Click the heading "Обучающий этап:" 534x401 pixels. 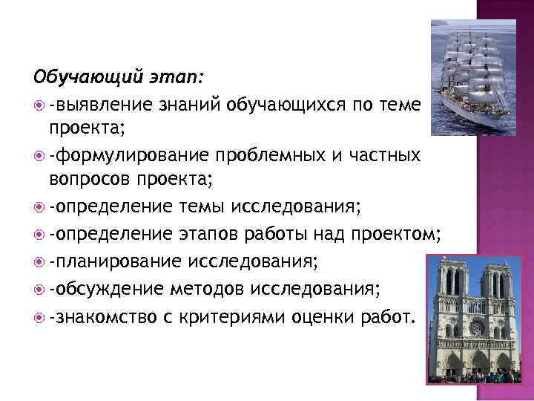[122, 76]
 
